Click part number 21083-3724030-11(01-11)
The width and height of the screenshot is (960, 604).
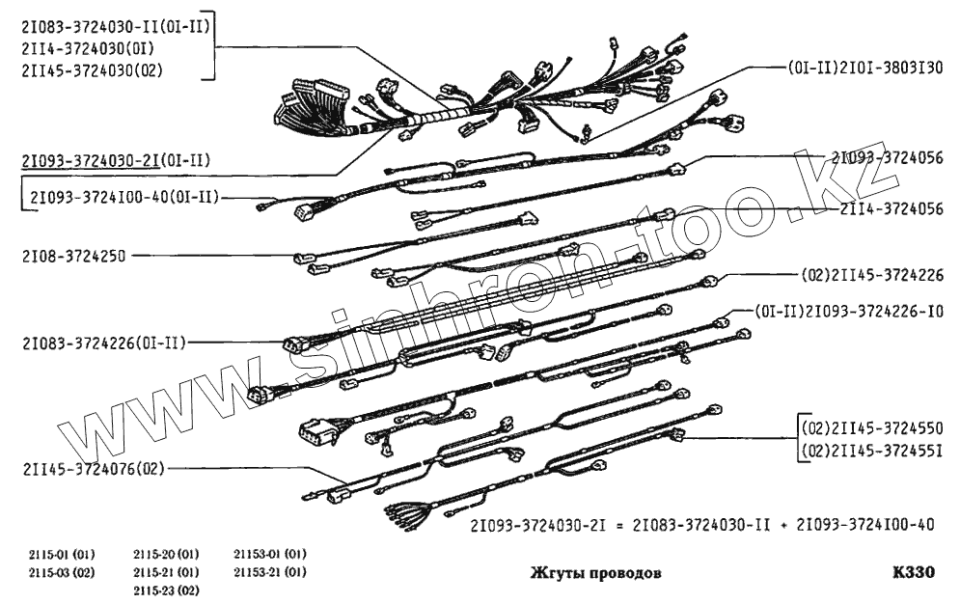pos(113,23)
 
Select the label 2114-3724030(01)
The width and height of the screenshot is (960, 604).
pos(82,45)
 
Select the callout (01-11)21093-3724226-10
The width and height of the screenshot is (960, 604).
pos(849,311)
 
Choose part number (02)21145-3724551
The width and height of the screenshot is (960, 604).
pos(871,450)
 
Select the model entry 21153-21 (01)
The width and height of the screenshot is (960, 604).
pos(269,572)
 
